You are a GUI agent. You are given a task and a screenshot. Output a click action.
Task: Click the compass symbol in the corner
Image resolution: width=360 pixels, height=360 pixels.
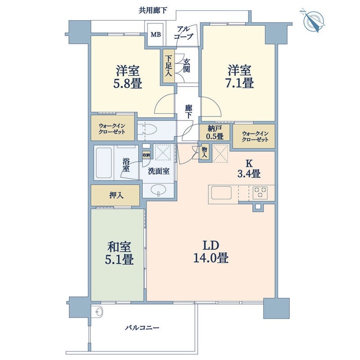(314, 21)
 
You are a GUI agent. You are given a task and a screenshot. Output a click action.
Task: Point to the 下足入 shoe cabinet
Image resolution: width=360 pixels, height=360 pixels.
(168, 66)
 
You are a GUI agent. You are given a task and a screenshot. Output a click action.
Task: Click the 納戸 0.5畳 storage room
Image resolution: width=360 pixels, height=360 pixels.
(214, 133)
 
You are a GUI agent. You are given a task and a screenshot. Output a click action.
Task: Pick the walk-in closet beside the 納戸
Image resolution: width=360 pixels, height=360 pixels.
(255, 136)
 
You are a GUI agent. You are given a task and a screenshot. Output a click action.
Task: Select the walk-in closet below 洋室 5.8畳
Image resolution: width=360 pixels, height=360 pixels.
(113, 129)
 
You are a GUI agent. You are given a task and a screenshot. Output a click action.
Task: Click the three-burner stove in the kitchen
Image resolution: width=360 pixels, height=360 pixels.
(260, 192)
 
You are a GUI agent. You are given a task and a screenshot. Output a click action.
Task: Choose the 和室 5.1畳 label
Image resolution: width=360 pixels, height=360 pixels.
(120, 253)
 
